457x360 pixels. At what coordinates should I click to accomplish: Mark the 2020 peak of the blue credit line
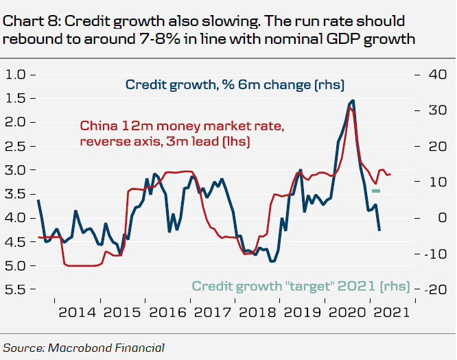point(353,101)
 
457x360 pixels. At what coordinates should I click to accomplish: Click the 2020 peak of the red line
point(351,108)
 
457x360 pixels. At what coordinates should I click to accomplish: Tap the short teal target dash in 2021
point(375,191)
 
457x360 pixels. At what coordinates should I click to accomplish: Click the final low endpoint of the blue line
point(379,230)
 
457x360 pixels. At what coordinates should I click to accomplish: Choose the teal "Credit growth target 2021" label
point(300,286)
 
